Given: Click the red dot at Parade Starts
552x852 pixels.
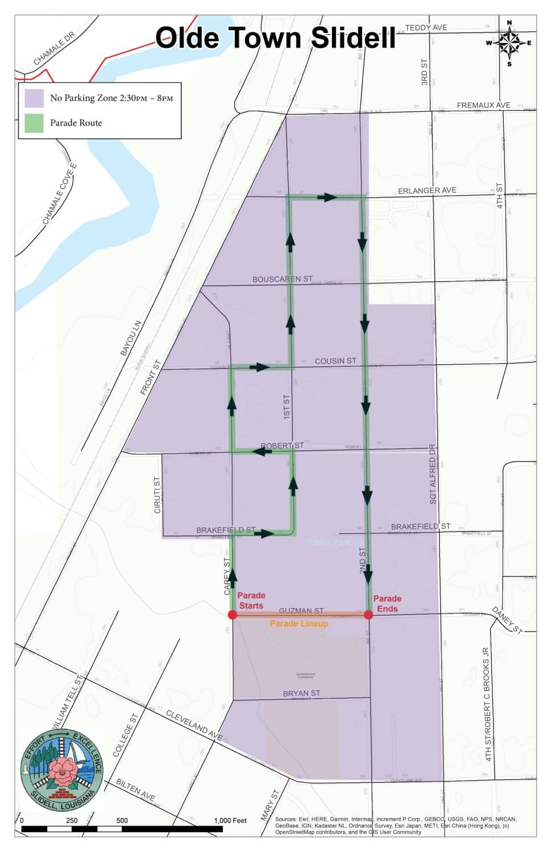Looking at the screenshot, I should pyautogui.click(x=232, y=615).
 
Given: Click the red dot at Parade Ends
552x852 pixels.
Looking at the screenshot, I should pyautogui.click(x=368, y=615).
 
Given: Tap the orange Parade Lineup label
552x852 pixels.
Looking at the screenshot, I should pyautogui.click(x=298, y=624).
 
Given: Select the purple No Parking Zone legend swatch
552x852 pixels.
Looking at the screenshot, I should pyautogui.click(x=34, y=98).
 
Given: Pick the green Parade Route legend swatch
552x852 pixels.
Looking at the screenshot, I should pyautogui.click(x=34, y=123).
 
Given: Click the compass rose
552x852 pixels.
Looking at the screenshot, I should pyautogui.click(x=509, y=43).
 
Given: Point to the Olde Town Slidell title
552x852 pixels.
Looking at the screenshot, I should pyautogui.click(x=275, y=38).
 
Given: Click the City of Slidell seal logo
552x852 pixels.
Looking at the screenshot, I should pyautogui.click(x=61, y=770).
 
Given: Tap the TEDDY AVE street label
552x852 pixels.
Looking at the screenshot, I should pyautogui.click(x=426, y=27).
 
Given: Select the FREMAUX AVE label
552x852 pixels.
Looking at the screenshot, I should pyautogui.click(x=483, y=105).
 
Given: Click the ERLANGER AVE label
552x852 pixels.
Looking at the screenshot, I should pyautogui.click(x=427, y=190).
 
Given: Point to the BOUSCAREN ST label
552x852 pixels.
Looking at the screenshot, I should pyautogui.click(x=283, y=279).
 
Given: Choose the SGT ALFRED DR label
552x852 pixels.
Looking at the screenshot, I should pyautogui.click(x=433, y=474).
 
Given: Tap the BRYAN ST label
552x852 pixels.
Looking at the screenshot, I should pyautogui.click(x=301, y=694).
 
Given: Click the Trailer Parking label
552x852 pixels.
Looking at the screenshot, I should pyautogui.click(x=333, y=542).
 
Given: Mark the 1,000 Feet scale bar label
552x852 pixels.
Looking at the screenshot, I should pyautogui.click(x=230, y=820).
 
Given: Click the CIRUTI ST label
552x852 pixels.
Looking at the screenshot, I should pyautogui.click(x=157, y=495).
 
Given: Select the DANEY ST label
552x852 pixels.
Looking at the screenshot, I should pyautogui.click(x=507, y=620).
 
